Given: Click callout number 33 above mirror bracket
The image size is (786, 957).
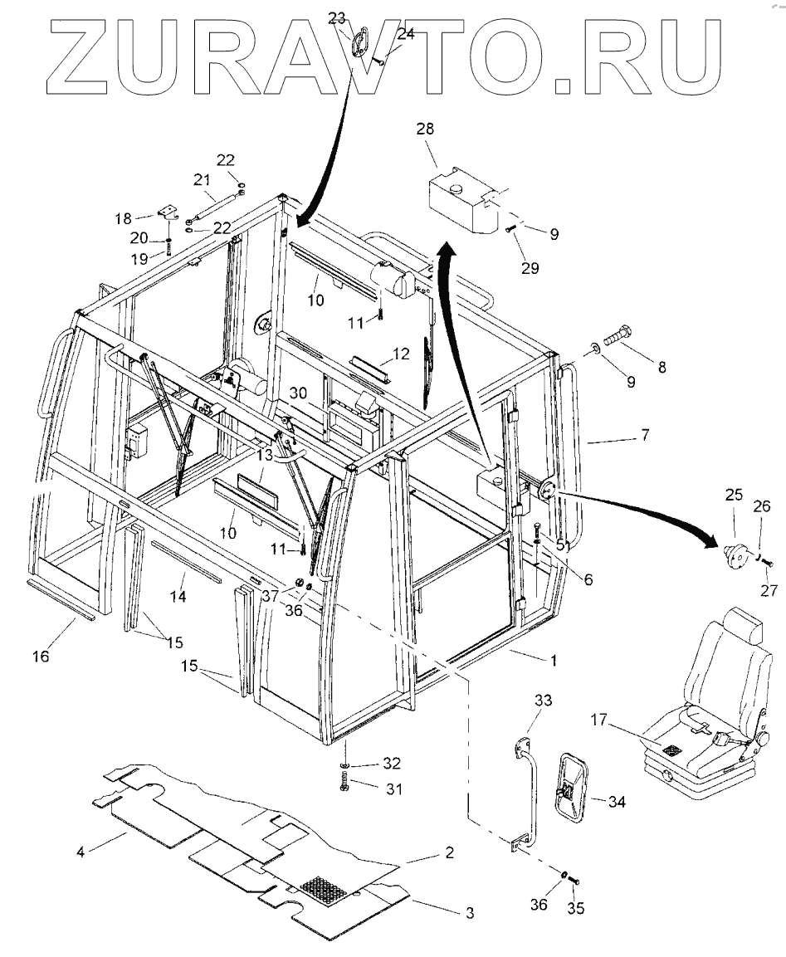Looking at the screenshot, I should [542, 701].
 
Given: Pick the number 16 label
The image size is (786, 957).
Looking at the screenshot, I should [41, 657].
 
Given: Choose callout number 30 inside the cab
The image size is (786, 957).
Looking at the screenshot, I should [300, 393].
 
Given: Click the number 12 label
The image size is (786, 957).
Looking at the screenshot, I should [402, 354].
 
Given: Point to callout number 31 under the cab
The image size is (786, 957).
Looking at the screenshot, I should [393, 789].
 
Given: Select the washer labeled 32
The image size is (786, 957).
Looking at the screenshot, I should [344, 764].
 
